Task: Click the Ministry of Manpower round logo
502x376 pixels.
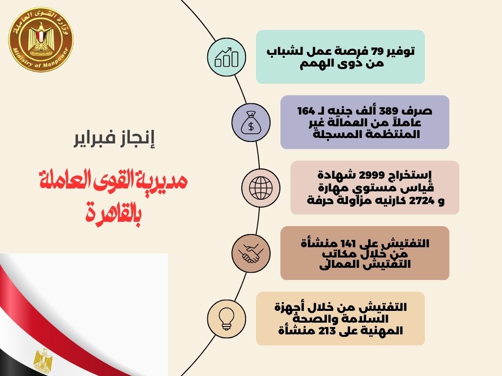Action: point(41,39)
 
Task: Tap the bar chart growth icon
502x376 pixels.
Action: point(226,57)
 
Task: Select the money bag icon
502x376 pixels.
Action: point(251,123)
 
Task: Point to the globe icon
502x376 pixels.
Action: point(261,188)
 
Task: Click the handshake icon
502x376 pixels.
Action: point(251,253)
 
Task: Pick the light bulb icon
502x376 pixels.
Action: point(226,319)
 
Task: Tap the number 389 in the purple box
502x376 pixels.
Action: point(388,111)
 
